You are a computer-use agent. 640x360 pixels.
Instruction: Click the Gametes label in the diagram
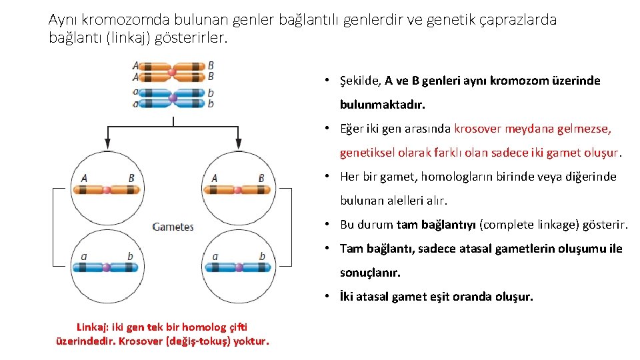(173, 227)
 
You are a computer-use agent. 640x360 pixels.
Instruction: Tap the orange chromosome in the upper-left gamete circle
(107, 190)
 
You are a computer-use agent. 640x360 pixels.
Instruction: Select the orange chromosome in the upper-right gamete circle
(237, 190)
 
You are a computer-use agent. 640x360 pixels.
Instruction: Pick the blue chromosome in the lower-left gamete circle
(107, 267)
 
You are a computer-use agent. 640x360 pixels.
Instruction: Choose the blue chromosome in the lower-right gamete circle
(237, 267)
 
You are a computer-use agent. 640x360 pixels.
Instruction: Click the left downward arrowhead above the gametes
(107, 143)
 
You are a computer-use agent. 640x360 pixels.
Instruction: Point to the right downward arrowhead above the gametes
(238, 143)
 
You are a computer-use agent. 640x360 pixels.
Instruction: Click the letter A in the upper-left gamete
(84, 177)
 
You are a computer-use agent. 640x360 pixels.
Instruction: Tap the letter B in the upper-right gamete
(261, 177)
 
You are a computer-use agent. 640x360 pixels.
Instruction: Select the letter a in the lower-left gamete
(84, 256)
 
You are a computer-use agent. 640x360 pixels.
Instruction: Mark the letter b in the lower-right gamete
(261, 256)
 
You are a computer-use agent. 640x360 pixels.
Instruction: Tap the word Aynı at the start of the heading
(63, 20)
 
